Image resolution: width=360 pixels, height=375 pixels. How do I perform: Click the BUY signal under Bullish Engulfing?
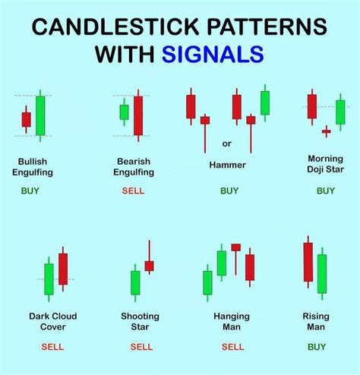click(30, 191)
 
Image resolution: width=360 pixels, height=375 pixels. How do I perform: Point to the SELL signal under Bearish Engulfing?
click(133, 191)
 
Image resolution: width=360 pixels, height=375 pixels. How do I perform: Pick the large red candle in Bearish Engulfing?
click(138, 115)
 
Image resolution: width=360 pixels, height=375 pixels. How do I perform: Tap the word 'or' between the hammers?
click(227, 143)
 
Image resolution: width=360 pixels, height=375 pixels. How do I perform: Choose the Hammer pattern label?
click(226, 164)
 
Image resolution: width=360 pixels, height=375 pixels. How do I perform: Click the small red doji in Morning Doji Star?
click(326, 131)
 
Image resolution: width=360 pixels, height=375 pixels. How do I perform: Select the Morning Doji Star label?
click(325, 165)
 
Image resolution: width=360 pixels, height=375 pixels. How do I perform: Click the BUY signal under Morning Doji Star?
click(325, 191)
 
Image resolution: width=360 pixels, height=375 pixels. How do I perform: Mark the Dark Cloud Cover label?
click(53, 321)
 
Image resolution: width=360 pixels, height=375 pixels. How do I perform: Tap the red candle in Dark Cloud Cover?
click(63, 269)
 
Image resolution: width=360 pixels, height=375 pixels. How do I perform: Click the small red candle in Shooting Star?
click(149, 266)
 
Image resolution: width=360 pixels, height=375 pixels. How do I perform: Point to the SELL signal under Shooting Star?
click(141, 346)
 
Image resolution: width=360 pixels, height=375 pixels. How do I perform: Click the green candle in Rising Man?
click(321, 273)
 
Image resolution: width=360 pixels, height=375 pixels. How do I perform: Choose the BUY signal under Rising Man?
click(316, 346)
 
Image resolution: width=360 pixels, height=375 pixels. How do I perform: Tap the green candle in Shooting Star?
click(135, 282)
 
